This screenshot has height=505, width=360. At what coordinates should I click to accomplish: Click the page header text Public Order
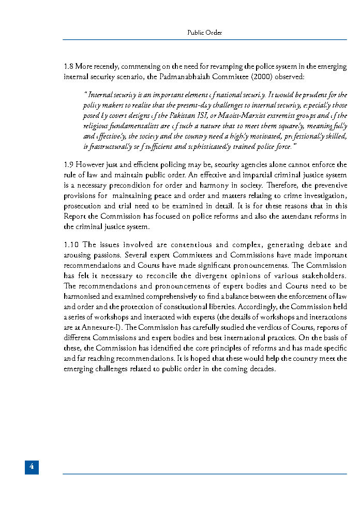coord(205,33)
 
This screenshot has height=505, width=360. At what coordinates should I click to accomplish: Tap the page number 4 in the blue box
coord(32,467)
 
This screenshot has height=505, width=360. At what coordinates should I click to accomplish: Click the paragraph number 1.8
coord(68,66)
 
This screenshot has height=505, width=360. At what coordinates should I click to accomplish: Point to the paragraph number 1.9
coord(68,165)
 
